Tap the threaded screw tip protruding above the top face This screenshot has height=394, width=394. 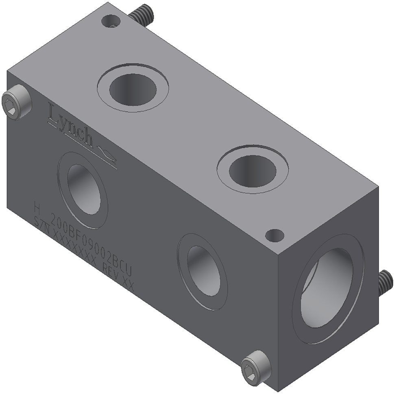(x=143, y=14)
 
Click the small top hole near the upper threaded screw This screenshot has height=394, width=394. (x=111, y=20)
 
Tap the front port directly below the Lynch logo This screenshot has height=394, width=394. (x=83, y=189)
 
